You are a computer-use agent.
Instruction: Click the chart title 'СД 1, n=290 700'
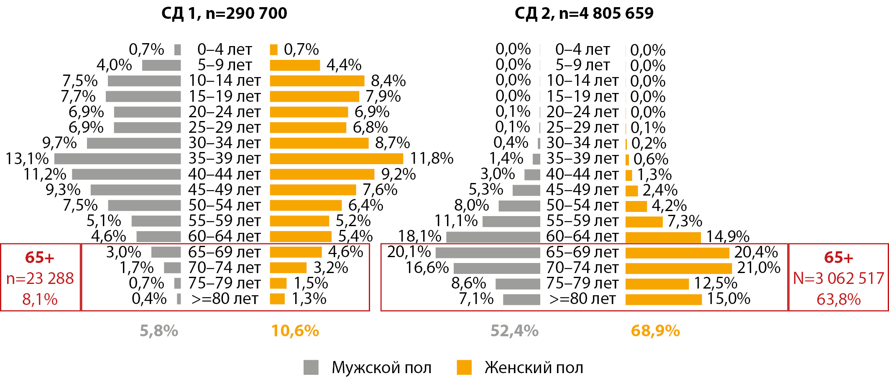224,13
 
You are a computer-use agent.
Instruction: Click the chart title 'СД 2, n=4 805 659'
584,13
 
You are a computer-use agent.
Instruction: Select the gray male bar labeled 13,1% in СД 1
118,159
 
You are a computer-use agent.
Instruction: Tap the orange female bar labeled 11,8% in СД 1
337,159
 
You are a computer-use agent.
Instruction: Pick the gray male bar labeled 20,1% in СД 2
488,253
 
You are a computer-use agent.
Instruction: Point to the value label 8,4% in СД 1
388,81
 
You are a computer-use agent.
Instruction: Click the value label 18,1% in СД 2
420,237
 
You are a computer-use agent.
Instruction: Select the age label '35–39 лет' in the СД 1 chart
225,159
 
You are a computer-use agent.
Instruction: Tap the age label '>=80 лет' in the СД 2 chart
582,299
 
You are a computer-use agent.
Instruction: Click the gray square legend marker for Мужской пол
311,367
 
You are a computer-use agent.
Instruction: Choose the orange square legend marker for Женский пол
464,367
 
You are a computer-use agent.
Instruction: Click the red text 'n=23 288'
40,278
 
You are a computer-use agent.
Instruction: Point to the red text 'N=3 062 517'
838,278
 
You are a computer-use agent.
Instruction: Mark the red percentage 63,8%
838,299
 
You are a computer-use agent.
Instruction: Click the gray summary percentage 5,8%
159,331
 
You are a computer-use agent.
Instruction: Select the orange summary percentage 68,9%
655,331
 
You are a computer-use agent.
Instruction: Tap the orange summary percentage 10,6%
295,331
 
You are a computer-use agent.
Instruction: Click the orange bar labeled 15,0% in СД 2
664,299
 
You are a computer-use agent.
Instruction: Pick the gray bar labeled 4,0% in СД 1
161,65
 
